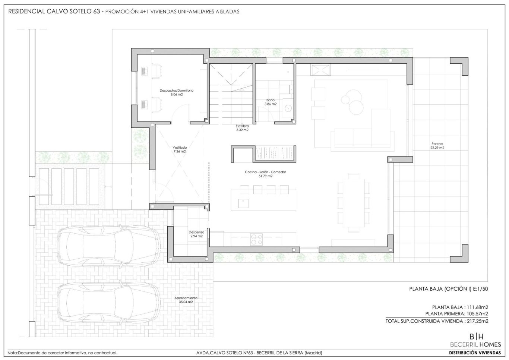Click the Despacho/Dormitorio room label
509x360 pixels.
pos(177,91)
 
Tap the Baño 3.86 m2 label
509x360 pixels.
pos(271,102)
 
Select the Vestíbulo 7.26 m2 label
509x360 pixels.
pos(180,149)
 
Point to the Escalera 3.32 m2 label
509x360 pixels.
pos(242,128)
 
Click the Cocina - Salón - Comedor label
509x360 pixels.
pos(265,172)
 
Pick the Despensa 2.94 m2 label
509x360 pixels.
pos(196,234)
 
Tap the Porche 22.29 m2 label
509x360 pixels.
pos(437,146)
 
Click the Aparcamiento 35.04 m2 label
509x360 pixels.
pos(186,300)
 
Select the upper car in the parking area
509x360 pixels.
pos(108,246)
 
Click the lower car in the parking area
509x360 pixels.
pos(108,303)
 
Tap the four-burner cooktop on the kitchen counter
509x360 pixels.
pos(256,240)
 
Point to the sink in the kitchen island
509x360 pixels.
pos(243,203)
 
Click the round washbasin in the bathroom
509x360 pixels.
pos(288,108)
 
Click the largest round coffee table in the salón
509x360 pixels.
pos(356,107)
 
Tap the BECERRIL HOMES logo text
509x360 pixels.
pos(475,344)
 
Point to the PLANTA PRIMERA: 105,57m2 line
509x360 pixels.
pos(457,314)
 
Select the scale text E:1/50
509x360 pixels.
pos(480,289)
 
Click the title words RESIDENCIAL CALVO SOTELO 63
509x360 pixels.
pos(54,11)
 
